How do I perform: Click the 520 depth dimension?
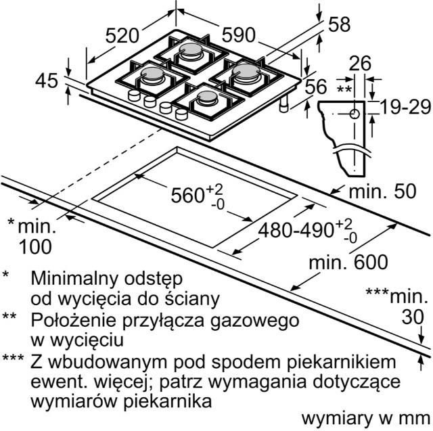point(122,36)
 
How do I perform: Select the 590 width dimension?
point(239,35)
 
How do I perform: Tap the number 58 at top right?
point(340,24)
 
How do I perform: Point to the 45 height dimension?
point(47,81)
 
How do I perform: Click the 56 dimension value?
point(316,87)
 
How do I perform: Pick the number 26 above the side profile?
point(360,63)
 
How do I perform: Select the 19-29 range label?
point(405,107)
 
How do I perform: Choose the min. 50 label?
point(382,191)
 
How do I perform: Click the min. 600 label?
point(348,262)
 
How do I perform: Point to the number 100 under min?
point(35,246)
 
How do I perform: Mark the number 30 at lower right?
point(413,317)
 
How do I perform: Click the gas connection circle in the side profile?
point(355,114)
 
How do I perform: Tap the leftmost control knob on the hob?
point(135,95)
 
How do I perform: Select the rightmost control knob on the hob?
point(181,114)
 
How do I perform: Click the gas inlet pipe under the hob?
point(284,104)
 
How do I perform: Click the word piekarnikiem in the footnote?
point(342,362)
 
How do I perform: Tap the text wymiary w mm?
point(366,419)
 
